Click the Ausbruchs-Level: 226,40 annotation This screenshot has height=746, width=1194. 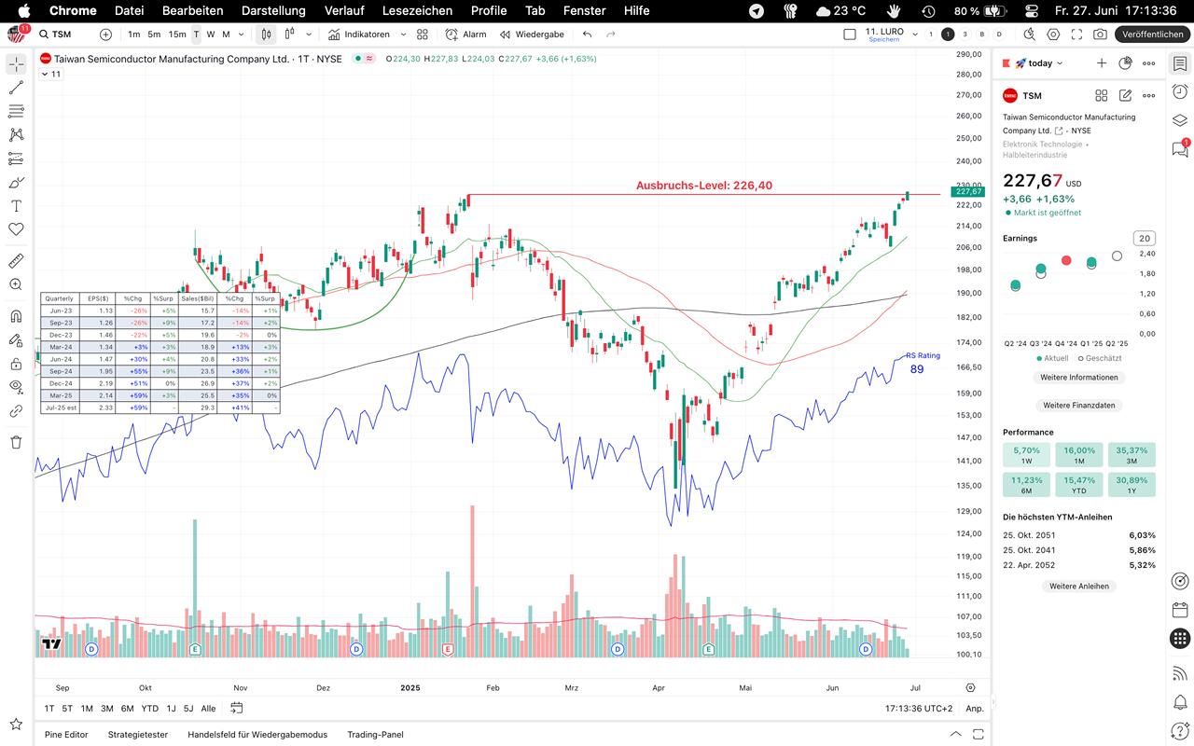point(704,186)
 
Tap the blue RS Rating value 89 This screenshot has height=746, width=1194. point(917,369)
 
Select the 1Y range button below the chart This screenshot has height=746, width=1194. point(171,709)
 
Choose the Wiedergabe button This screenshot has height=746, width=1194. point(532,35)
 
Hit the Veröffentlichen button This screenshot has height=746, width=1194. point(1153,35)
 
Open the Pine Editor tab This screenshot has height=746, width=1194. point(66,735)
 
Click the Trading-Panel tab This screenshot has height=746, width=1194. point(375,735)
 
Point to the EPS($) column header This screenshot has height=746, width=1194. point(98,298)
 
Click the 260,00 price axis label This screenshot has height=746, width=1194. point(969,117)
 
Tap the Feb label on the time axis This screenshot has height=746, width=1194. point(493,688)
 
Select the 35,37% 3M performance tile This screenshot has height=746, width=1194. point(1132,455)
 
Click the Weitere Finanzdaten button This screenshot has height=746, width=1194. point(1078,406)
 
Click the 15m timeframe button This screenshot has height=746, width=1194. point(177,35)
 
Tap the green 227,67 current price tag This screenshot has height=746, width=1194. point(966,192)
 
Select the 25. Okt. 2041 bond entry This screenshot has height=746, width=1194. point(1029,550)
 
